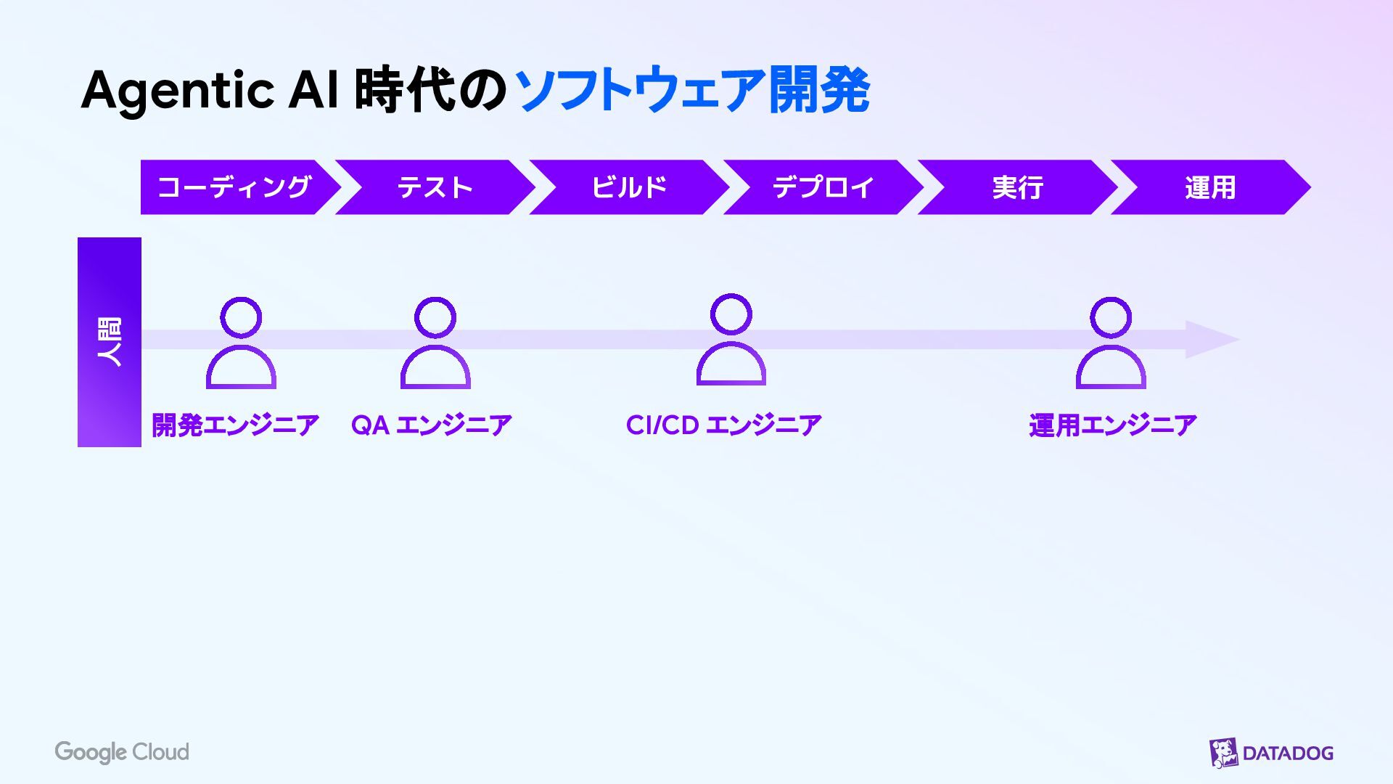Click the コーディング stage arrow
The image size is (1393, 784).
pyautogui.click(x=234, y=187)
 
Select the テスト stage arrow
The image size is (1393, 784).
pyautogui.click(x=435, y=187)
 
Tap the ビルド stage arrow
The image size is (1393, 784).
pyautogui.click(x=629, y=187)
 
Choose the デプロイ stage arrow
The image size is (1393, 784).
pyautogui.click(x=823, y=187)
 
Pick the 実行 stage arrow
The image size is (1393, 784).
pyautogui.click(x=1017, y=187)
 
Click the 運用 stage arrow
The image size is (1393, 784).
pyautogui.click(x=1209, y=187)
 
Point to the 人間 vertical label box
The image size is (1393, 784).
pyautogui.click(x=110, y=342)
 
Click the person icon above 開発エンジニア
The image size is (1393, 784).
pyautogui.click(x=241, y=343)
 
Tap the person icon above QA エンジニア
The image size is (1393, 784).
pyautogui.click(x=435, y=343)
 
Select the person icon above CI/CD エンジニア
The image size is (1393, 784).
pyautogui.click(x=731, y=340)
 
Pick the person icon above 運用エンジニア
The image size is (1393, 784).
pyautogui.click(x=1111, y=343)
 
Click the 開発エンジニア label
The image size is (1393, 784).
pyautogui.click(x=235, y=425)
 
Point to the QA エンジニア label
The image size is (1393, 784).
pyautogui.click(x=432, y=425)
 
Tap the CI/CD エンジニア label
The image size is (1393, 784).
pyautogui.click(x=723, y=425)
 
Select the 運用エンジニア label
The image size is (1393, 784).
pyautogui.click(x=1112, y=425)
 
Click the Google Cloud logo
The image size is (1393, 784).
pyautogui.click(x=122, y=752)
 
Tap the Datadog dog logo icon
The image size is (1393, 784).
pyautogui.click(x=1223, y=753)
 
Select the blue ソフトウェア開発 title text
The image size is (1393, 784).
pyautogui.click(x=692, y=90)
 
